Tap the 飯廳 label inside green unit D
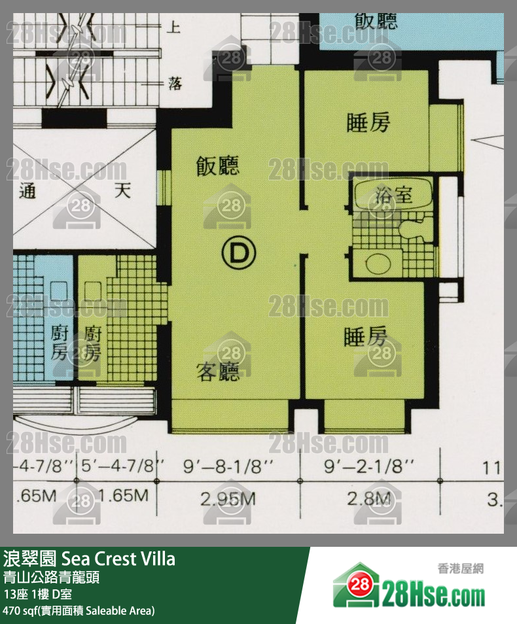(218, 167)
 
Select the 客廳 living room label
(218, 372)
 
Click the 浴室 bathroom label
(395, 194)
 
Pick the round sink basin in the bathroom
(378, 264)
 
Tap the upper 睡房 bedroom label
(368, 123)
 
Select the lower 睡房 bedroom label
(366, 338)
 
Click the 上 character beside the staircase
(175, 27)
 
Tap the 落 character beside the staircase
(175, 84)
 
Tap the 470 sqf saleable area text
(79, 611)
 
